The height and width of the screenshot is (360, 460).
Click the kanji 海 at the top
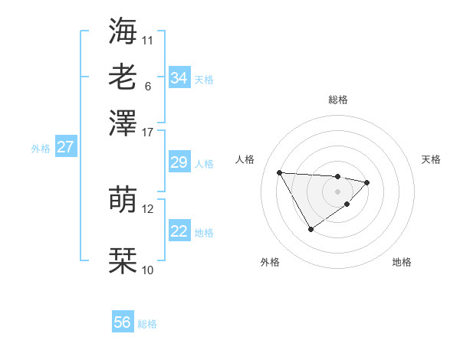click(123, 31)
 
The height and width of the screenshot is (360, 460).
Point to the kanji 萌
click(123, 200)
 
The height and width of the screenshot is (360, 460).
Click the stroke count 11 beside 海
click(148, 39)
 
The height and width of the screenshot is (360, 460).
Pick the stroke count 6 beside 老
click(148, 85)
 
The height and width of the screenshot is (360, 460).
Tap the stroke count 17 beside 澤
click(148, 131)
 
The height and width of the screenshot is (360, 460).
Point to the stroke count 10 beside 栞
click(148, 270)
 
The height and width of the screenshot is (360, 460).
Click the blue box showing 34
click(179, 78)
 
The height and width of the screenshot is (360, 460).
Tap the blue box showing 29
click(179, 162)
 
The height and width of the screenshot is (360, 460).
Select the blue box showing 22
click(179, 231)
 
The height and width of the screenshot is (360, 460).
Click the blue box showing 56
click(123, 322)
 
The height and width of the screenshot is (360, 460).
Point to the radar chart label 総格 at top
click(337, 100)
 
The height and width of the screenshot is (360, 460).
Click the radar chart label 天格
click(431, 159)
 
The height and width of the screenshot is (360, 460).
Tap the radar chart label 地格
click(402, 263)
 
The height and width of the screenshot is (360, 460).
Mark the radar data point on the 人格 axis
click(280, 172)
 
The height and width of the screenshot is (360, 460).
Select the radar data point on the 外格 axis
click(310, 229)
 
